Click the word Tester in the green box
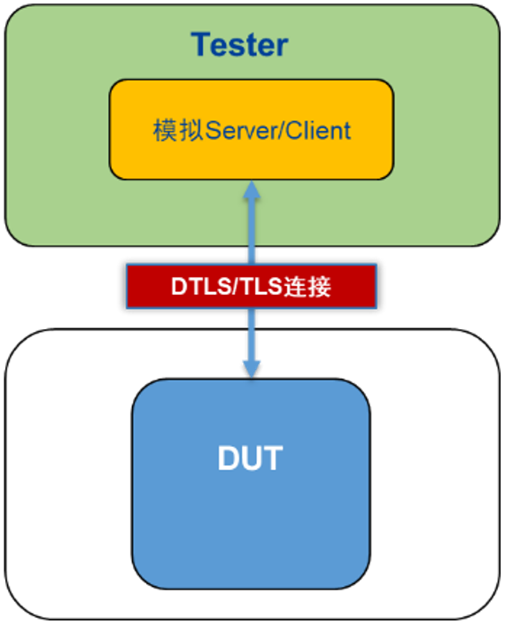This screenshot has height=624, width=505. tap(239, 44)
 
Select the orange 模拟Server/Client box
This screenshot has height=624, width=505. tap(252, 129)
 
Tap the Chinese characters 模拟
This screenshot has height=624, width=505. tap(178, 130)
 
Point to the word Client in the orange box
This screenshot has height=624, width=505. tap(319, 130)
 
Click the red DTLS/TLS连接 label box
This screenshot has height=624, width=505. tap(252, 286)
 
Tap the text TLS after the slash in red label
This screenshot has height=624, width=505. tap(260, 286)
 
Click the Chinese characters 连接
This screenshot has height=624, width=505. tap(307, 286)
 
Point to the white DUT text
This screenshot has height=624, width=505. tap(250, 458)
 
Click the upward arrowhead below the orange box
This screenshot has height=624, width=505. tap(252, 190)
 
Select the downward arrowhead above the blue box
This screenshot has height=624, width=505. tap(252, 369)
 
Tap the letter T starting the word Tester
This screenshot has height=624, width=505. tap(202, 44)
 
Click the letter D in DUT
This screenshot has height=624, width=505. tap(228, 458)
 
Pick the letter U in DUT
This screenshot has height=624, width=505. tap(251, 458)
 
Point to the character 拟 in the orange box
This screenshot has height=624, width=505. tap(191, 130)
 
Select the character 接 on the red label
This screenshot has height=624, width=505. tap(319, 286)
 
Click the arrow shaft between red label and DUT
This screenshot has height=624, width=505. tap(252, 335)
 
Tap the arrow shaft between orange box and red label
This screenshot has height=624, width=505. tap(252, 231)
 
